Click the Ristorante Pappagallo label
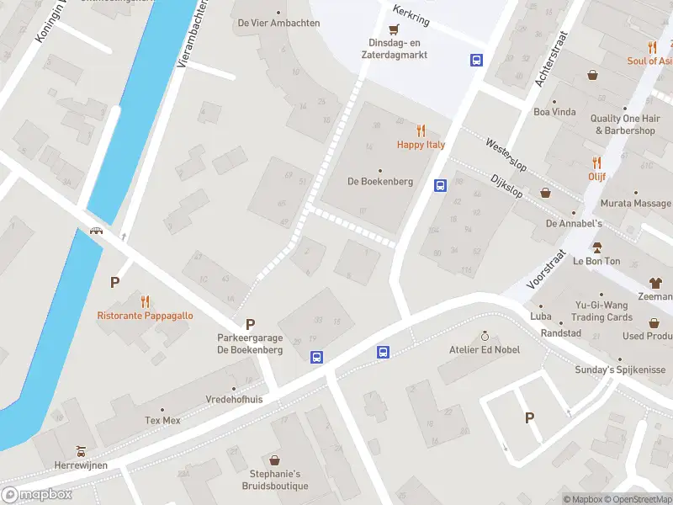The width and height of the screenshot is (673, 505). (x=145, y=316)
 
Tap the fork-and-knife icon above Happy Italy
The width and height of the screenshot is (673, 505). (x=421, y=130)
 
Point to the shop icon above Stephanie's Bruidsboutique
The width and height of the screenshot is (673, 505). (x=274, y=460)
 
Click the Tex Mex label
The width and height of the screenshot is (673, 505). (x=162, y=420)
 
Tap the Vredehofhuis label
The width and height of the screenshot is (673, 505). (x=234, y=400)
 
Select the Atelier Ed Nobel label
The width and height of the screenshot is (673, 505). (x=484, y=349)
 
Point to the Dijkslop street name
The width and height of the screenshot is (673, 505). (x=506, y=186)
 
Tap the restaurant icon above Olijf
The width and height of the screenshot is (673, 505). (x=597, y=162)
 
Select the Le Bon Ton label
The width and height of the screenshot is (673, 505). (x=596, y=261)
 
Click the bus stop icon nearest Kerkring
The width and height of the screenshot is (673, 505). (x=476, y=60)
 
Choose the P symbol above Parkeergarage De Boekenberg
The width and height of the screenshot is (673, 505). (x=250, y=324)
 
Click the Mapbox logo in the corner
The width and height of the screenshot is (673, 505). (x=36, y=495)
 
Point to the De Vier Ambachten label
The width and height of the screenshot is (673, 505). (x=278, y=23)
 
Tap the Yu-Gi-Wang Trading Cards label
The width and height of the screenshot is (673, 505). (x=601, y=311)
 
